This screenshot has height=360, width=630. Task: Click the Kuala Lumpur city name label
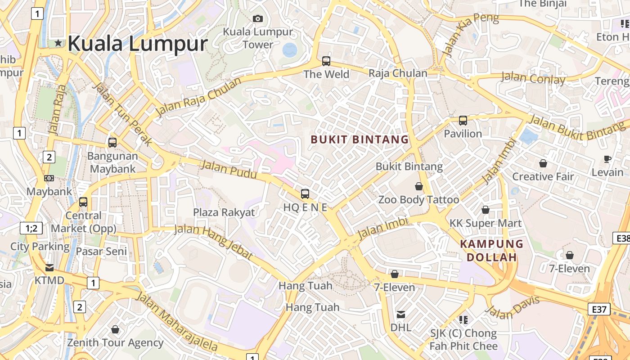[x=137, y=44]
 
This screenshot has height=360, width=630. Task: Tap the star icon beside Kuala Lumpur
[x=58, y=43]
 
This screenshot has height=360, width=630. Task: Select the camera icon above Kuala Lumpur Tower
[x=258, y=18]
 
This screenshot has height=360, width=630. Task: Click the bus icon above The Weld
[x=326, y=61]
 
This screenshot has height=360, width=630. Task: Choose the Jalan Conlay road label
[x=533, y=78]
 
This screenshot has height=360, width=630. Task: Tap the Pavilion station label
[x=463, y=134]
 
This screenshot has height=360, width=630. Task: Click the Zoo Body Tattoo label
[x=418, y=199]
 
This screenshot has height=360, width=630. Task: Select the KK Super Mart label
[x=486, y=223]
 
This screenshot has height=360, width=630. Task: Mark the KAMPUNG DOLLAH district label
[x=491, y=251]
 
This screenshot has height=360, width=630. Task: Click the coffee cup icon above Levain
[x=607, y=159]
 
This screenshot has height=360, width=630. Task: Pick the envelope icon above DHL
[x=400, y=314]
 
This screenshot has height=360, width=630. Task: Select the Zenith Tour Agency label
[x=115, y=343]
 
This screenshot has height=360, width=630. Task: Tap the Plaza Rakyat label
[x=224, y=212]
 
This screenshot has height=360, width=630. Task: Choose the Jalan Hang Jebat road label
[x=213, y=241]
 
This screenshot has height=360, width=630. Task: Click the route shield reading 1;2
[x=31, y=228]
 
